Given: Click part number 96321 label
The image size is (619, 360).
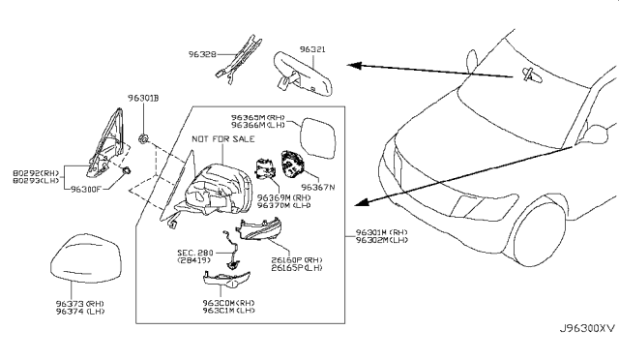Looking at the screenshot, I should [311, 46].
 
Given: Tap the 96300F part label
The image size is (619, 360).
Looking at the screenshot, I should [88, 192].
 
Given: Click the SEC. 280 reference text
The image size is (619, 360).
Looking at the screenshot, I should [196, 251].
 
